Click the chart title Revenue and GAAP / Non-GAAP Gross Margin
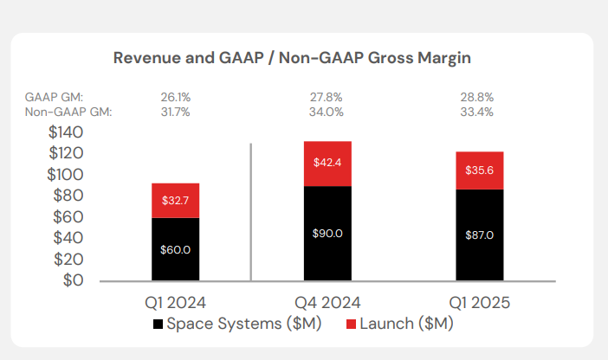[x=292, y=58]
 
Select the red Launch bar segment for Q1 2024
[x=176, y=201]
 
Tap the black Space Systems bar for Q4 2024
[x=327, y=233]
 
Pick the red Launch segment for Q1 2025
[x=478, y=170]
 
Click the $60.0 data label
[x=176, y=249]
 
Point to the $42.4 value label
[x=327, y=162]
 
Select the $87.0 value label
[x=478, y=235]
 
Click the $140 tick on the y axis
[x=66, y=133]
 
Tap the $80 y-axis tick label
[x=69, y=196]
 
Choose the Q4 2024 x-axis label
[x=327, y=303]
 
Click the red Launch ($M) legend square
[x=352, y=325]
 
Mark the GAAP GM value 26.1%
[x=176, y=98]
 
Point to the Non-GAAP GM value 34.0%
[x=327, y=111]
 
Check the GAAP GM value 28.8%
[x=478, y=98]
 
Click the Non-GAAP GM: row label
[x=68, y=111]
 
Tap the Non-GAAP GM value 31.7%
[x=176, y=111]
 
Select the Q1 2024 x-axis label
[x=176, y=303]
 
